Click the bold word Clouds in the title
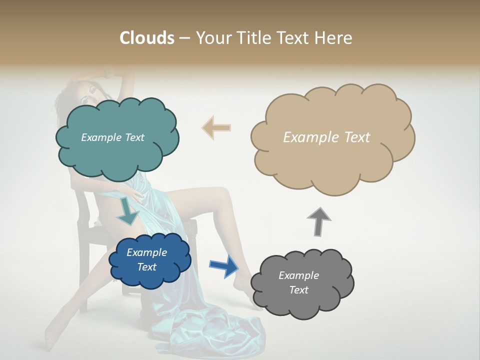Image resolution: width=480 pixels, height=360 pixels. (x=146, y=38)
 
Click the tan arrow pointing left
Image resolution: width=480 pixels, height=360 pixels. (x=216, y=127)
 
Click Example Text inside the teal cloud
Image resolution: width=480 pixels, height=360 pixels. (x=112, y=137)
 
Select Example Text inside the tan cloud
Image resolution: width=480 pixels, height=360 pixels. (x=326, y=137)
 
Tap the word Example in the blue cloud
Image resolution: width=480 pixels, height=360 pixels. (x=146, y=252)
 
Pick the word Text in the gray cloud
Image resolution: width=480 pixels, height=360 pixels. (x=298, y=290)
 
